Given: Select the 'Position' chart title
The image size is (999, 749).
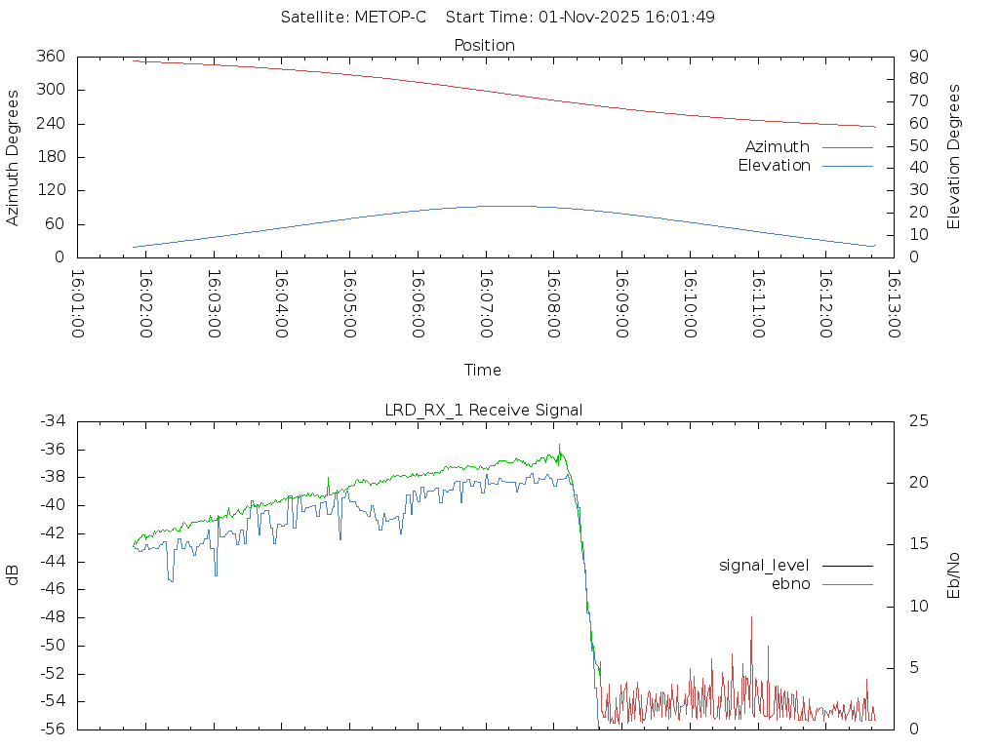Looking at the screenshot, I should click(x=484, y=45).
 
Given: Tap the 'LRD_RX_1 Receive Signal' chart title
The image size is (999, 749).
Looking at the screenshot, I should click(x=484, y=410).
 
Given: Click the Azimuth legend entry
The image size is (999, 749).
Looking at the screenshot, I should click(x=778, y=147).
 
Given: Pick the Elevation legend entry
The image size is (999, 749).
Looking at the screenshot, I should click(x=774, y=166).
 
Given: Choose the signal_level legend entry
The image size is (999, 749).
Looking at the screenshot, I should click(x=764, y=566).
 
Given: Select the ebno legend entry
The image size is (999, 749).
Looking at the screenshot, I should click(x=790, y=584).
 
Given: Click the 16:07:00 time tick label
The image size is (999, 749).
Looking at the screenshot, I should click(x=486, y=303).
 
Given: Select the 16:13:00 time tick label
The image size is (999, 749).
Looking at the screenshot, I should click(x=893, y=303).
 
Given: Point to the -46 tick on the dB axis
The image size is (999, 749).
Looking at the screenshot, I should click(x=52, y=589).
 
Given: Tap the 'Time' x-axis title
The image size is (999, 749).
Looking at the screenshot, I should click(x=483, y=371).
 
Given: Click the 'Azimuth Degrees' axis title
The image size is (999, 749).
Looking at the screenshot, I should click(x=14, y=157).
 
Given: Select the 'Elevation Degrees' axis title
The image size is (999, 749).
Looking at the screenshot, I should click(x=954, y=156).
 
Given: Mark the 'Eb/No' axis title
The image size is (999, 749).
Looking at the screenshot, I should click(x=954, y=574).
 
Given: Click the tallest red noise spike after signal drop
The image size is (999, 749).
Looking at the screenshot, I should click(x=751, y=618).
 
